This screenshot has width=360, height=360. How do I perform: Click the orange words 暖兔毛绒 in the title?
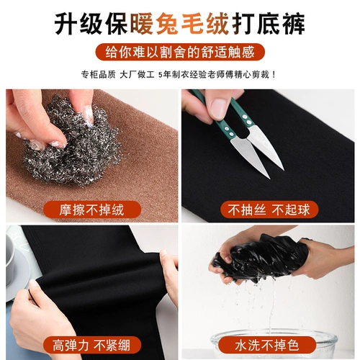[x=179, y=24]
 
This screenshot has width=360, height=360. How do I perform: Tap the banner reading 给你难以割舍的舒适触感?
[x=180, y=52]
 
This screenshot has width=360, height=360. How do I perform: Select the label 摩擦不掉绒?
[x=92, y=210]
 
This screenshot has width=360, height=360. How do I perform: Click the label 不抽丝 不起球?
[x=269, y=210]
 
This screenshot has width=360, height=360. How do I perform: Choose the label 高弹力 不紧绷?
[x=92, y=345]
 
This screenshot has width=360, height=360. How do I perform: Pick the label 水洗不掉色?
[x=267, y=345]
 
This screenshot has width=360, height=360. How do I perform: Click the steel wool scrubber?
[x=72, y=144]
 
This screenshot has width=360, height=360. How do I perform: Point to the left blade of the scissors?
[x=250, y=157]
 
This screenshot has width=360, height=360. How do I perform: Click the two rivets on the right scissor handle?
[x=247, y=120]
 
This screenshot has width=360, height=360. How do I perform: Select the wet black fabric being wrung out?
[x=261, y=258]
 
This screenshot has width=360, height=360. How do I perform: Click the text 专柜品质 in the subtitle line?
[x=99, y=75]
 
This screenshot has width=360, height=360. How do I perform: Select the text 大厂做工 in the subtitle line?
[x=137, y=75]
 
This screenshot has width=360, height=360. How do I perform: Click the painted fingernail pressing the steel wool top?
[x=89, y=114]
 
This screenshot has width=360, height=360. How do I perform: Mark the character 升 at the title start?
[x=66, y=24]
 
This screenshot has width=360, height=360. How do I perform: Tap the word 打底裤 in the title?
[x=269, y=24]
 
